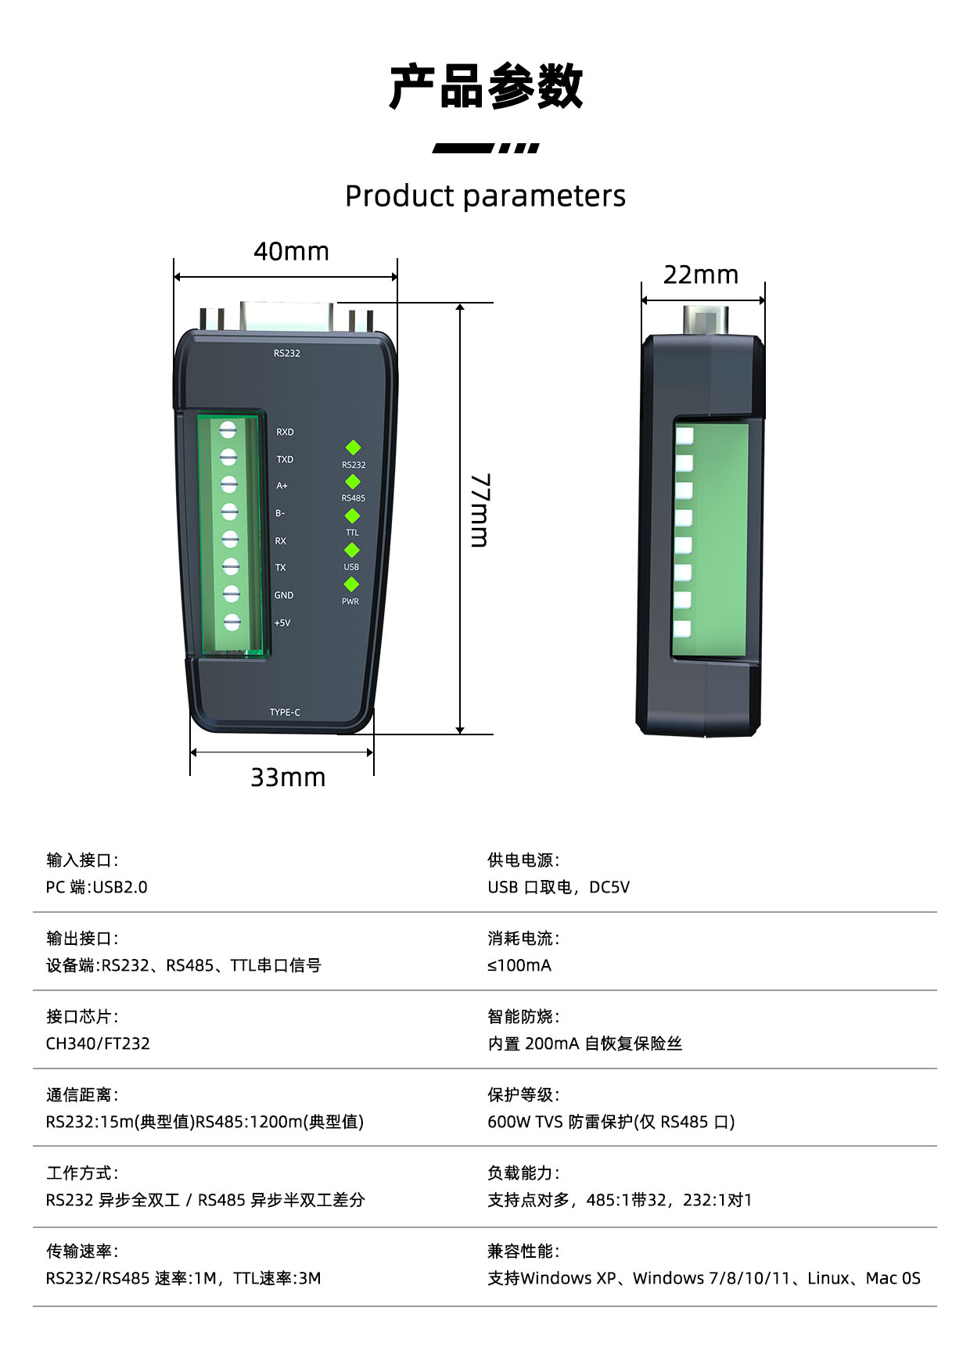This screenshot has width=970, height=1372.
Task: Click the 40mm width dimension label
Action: pos(291,251)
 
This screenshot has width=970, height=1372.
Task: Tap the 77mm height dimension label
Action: pos(480,510)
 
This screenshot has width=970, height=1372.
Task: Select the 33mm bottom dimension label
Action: pos(288,778)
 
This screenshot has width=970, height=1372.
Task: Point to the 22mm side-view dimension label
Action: pos(701,275)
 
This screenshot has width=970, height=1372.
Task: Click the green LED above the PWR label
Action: pos(351,584)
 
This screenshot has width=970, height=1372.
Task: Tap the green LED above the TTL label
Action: pos(352,516)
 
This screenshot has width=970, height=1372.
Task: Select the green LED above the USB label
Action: pos(352,551)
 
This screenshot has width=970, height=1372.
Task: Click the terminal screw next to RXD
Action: pos(228,429)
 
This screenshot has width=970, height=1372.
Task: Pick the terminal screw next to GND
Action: pos(231,594)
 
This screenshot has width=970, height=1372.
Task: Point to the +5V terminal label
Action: pos(282,623)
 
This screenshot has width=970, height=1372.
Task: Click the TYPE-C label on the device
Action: pos(285,713)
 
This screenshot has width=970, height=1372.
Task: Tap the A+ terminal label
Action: pos(282,486)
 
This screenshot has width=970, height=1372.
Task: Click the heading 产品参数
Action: pos(486,86)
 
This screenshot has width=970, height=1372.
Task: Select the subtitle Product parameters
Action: pos(485,196)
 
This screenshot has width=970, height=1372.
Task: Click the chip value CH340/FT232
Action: pos(98,1043)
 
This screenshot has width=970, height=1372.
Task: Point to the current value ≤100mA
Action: pos(519,965)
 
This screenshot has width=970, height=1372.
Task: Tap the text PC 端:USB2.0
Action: pos(97,887)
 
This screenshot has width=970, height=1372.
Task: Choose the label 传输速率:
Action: pos(82,1252)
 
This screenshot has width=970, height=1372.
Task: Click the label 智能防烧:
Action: pos(523,1017)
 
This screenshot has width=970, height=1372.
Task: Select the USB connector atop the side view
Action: pos(706,321)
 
